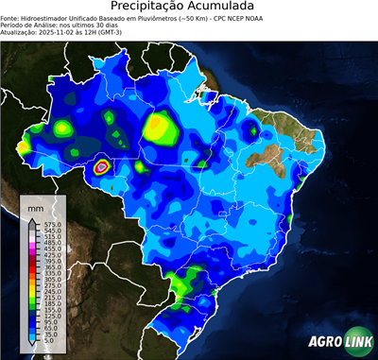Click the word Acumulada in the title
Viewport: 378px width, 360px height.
coord(228,7)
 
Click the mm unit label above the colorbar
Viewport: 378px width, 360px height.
coord(35,206)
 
